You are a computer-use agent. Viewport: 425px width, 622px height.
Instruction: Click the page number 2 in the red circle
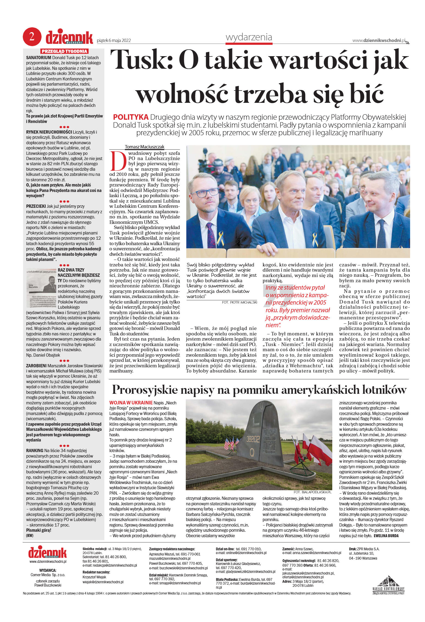32,37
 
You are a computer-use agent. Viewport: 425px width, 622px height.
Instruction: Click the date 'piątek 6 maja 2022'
114,41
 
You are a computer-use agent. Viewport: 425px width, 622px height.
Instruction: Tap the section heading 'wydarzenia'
249,37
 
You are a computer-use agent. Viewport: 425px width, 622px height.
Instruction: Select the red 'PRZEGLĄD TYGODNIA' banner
64,51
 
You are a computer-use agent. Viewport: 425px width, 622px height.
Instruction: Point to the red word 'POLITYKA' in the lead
131,117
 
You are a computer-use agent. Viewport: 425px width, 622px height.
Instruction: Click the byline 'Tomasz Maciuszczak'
145,147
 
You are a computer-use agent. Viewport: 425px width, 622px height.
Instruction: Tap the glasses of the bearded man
205,193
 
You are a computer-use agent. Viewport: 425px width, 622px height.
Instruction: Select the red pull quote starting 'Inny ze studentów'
297,306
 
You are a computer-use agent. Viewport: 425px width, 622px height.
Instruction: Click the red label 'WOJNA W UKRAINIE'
131,403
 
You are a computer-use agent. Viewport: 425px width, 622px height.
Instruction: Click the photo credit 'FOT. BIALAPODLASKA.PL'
312,492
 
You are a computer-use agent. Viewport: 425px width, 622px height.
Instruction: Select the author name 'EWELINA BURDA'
386,536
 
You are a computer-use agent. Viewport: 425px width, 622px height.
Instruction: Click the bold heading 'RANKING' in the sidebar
35,450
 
